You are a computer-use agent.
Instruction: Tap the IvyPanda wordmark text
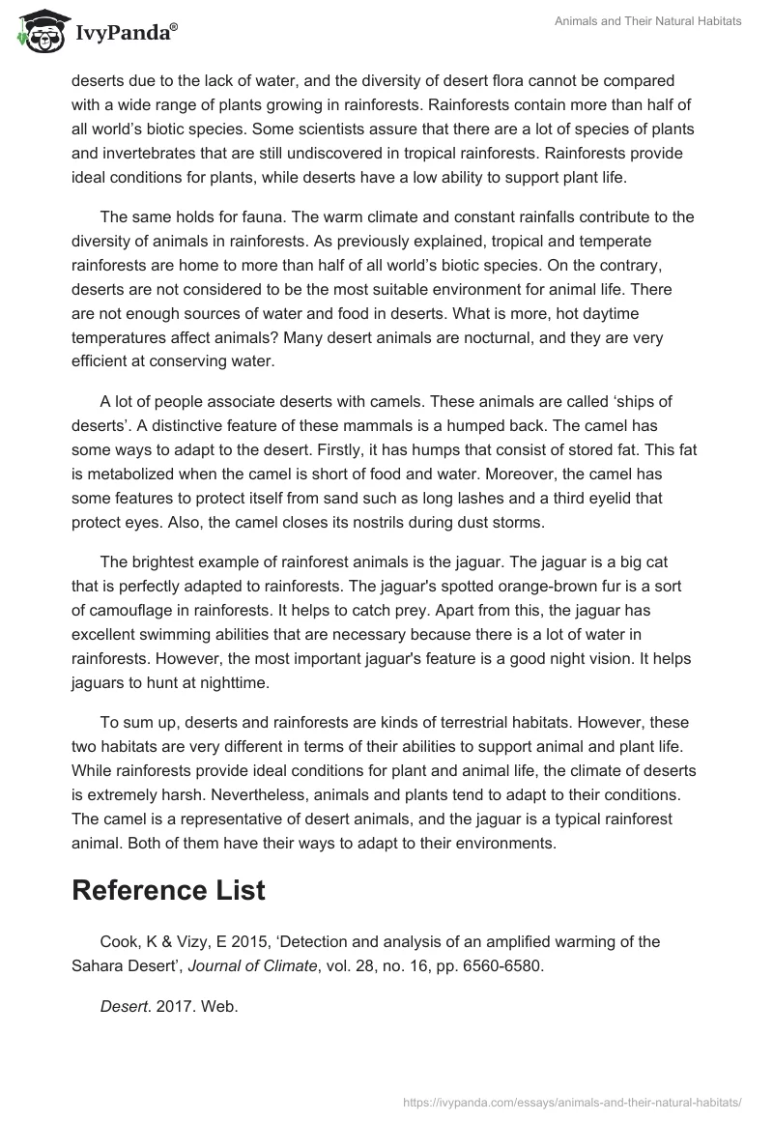[x=125, y=33]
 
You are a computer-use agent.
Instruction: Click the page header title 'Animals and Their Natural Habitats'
[x=646, y=21]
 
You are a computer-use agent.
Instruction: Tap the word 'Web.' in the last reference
[x=221, y=1005]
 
